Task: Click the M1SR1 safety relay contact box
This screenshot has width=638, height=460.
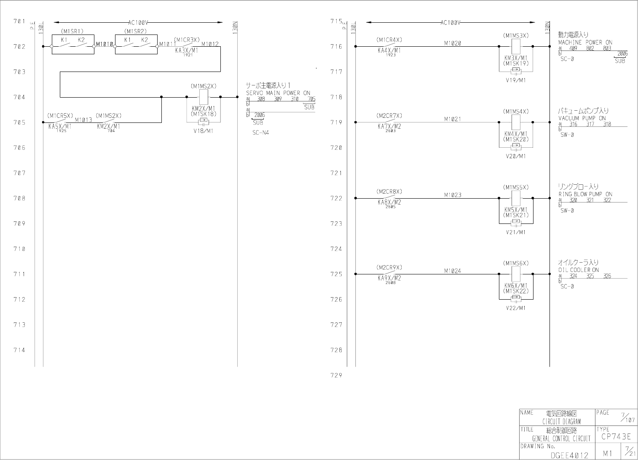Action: point(73,45)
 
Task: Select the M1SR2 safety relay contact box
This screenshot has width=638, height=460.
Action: point(136,45)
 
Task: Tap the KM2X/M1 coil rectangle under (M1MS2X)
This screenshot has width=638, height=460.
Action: point(204,97)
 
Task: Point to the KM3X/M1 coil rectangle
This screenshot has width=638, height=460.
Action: point(516,46)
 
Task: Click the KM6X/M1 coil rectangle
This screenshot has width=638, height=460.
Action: point(516,274)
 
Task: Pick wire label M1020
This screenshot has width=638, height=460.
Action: point(453,43)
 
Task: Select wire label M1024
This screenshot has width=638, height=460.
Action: point(453,271)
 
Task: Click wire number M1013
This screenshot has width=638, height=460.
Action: point(83,120)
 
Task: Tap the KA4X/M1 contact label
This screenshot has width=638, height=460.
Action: point(389,51)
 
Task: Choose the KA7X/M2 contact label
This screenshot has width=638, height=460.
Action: point(389,126)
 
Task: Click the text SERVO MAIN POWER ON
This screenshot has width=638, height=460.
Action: point(278,93)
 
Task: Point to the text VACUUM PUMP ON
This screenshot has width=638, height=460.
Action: point(582,118)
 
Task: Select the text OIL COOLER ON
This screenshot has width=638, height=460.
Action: point(579,270)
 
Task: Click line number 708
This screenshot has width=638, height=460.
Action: point(19,198)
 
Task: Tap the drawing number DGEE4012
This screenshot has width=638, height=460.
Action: point(569,455)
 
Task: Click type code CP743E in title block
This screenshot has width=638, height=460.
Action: point(616,437)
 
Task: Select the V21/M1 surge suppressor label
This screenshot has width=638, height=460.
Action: point(516,232)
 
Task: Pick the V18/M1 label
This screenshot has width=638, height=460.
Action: point(204,131)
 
